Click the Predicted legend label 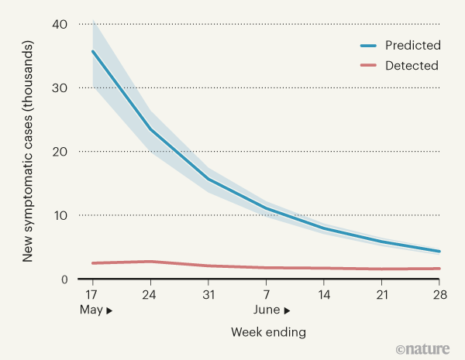[x=413, y=45]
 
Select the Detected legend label [x=412, y=65]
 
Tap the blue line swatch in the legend [x=365, y=45]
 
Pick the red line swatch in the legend [x=365, y=65]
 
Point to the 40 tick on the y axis [x=60, y=25]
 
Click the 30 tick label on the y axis [x=60, y=88]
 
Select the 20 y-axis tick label [x=60, y=152]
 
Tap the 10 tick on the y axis [x=60, y=215]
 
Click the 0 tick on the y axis [x=64, y=279]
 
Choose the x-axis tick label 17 [x=92, y=296]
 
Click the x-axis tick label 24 [x=150, y=296]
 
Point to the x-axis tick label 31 [x=208, y=296]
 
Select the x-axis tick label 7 [x=267, y=296]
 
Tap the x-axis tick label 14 [x=324, y=296]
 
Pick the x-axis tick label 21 [x=382, y=296]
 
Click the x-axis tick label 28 [x=440, y=296]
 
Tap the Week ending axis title [x=268, y=332]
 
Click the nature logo [x=426, y=349]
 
